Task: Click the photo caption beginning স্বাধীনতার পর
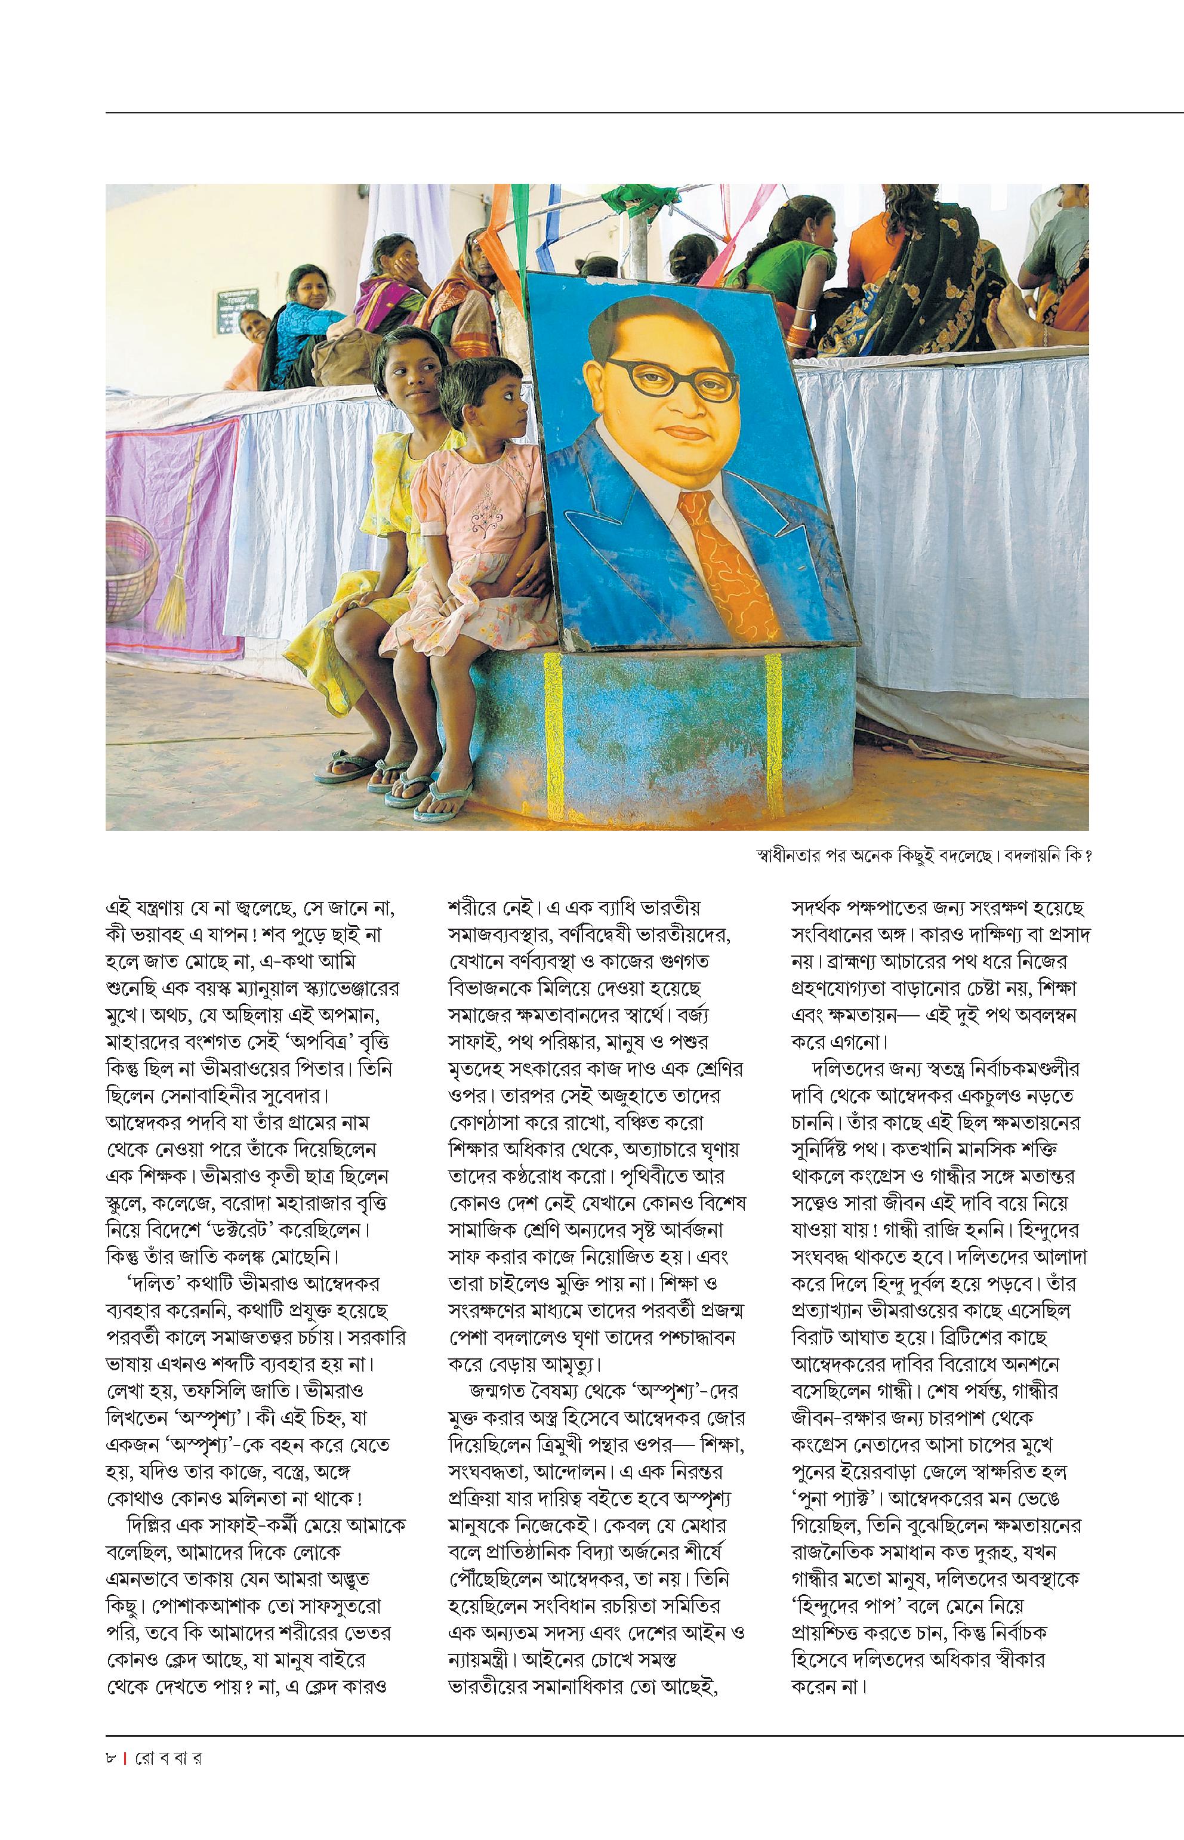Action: (923, 856)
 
